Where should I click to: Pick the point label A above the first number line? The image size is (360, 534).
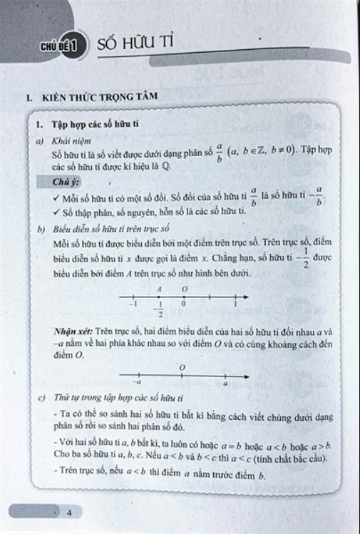pos(160,287)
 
